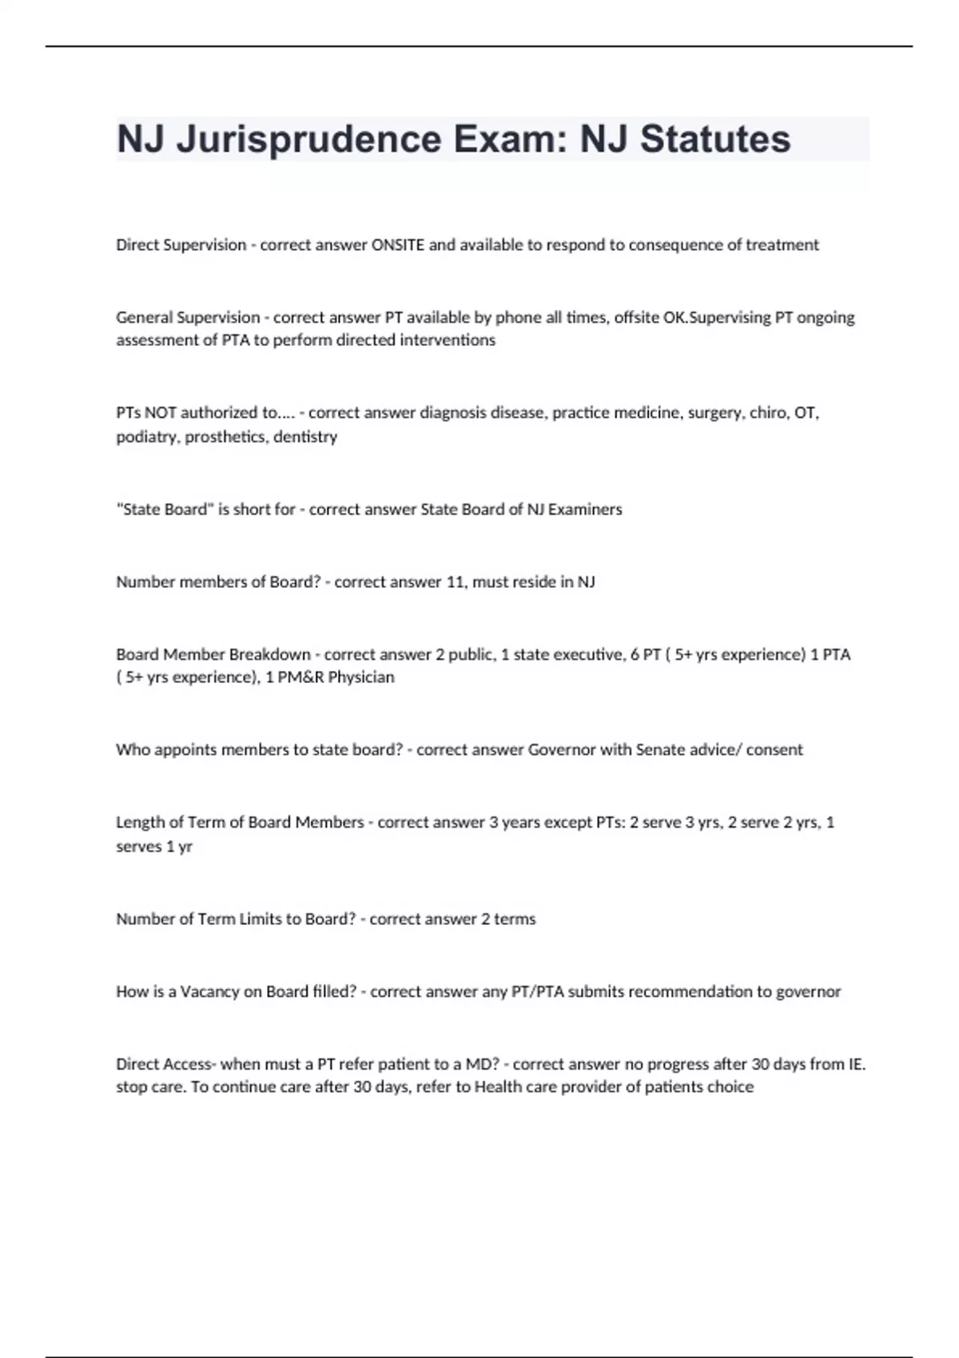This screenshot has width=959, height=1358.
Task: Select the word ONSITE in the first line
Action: (398, 245)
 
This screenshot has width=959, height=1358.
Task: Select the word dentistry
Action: (305, 437)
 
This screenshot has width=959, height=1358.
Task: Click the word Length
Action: (139, 823)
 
